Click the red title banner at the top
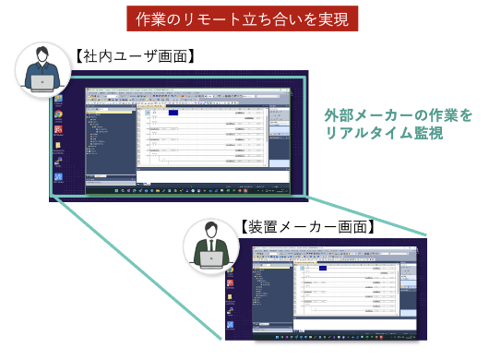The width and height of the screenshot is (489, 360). (244, 18)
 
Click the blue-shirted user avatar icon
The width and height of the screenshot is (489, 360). (42, 70)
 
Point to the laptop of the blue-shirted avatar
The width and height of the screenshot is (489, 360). (42, 82)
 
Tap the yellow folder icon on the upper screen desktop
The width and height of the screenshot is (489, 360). (58, 145)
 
